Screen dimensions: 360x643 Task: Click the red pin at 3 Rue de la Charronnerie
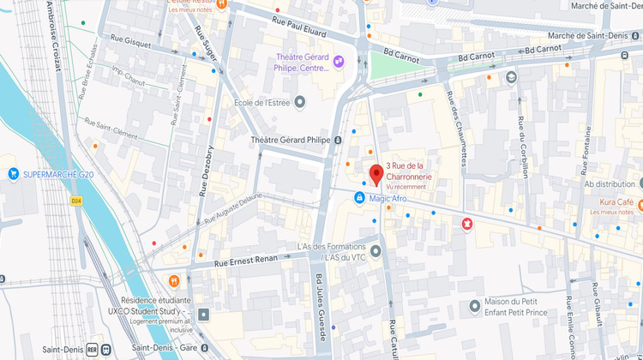click(x=376, y=175)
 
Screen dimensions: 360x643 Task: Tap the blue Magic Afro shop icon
click(x=361, y=198)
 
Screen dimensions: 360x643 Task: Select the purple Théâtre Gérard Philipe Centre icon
click(x=339, y=61)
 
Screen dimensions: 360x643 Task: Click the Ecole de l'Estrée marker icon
click(x=299, y=102)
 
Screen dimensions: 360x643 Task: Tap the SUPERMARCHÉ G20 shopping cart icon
click(x=14, y=174)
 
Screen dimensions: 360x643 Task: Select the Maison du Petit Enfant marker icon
click(x=475, y=306)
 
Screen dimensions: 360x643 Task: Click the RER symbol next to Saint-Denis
click(x=105, y=350)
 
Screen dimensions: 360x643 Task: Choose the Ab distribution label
click(x=609, y=183)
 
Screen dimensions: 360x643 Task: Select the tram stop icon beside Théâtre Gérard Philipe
click(x=339, y=140)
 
